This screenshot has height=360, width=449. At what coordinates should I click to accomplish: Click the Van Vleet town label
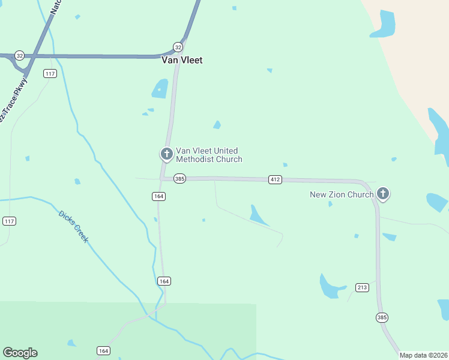click(x=182, y=60)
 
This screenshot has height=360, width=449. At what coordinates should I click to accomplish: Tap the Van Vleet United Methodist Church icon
click(x=166, y=154)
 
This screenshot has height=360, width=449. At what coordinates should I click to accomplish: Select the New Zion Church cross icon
click(x=383, y=194)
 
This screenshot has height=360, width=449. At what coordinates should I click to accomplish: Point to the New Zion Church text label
click(x=342, y=194)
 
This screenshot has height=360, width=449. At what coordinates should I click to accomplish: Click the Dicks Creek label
click(x=74, y=226)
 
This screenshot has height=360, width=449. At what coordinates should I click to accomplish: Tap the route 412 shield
click(x=275, y=179)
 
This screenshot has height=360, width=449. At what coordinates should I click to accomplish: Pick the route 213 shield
click(x=361, y=287)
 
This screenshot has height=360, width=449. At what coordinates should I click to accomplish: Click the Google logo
click(x=20, y=353)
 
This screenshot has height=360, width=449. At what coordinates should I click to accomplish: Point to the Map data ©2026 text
click(x=423, y=355)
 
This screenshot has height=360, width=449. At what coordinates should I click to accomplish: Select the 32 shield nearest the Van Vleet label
click(x=178, y=47)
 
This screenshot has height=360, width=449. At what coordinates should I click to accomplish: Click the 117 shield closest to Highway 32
click(x=50, y=73)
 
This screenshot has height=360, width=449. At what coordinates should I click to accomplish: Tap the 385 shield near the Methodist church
click(x=179, y=178)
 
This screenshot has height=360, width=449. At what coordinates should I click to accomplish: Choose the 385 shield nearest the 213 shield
click(x=382, y=317)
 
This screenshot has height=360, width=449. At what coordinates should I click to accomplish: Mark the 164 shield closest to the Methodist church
click(x=158, y=196)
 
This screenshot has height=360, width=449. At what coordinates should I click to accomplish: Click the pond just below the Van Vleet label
click(x=160, y=89)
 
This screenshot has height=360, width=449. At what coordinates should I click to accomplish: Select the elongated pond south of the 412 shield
click(x=258, y=215)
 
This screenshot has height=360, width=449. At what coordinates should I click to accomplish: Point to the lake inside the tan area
click(x=384, y=24)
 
